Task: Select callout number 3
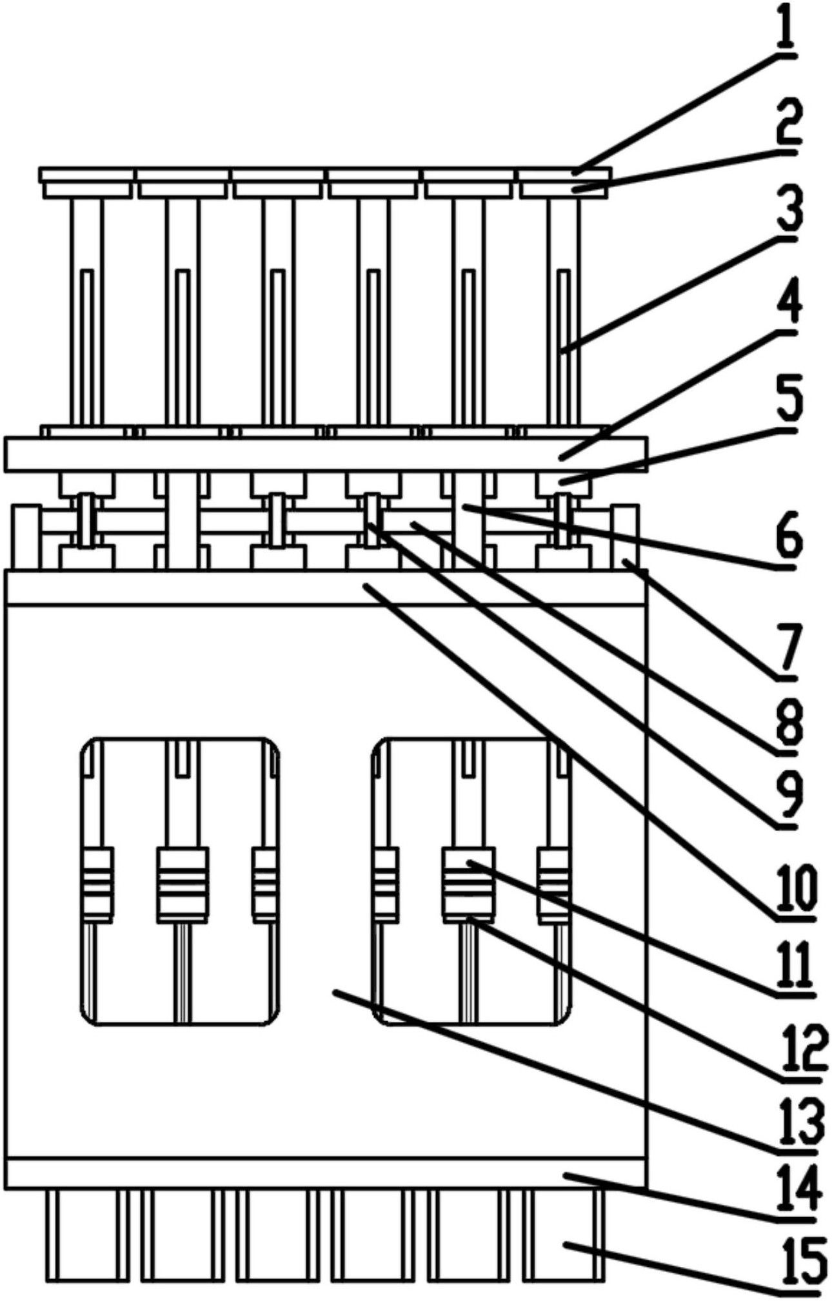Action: click(788, 209)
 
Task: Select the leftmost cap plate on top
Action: click(86, 175)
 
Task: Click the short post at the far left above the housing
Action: click(25, 536)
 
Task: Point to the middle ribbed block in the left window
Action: click(183, 883)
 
